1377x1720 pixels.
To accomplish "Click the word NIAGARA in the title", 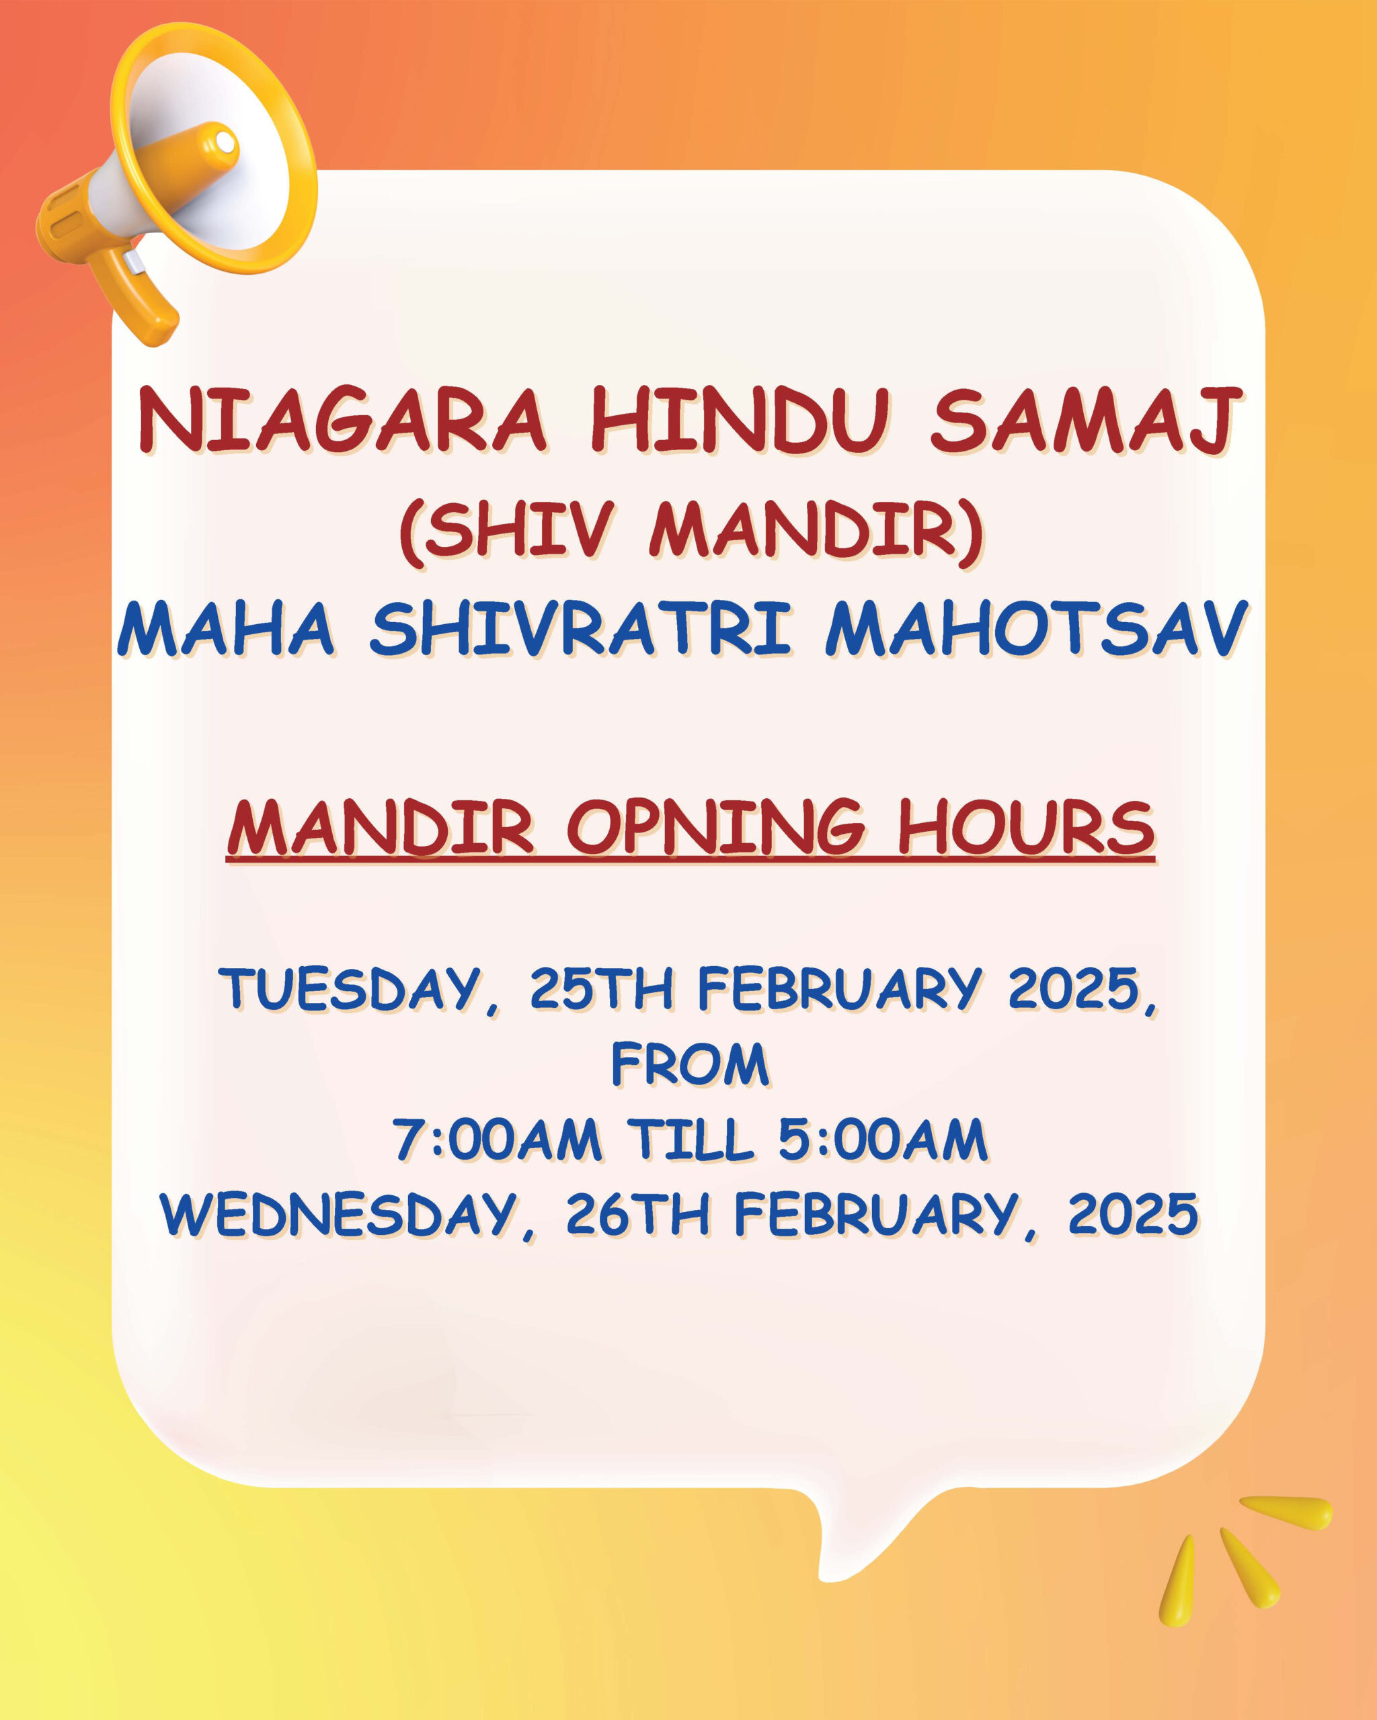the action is click(x=344, y=421).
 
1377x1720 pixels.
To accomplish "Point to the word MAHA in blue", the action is click(x=226, y=630).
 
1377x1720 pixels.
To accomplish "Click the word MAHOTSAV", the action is click(x=1036, y=630).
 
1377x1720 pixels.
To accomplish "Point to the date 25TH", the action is click(x=602, y=988).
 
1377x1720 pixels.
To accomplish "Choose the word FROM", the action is click(x=691, y=1064).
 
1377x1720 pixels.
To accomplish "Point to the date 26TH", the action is click(x=638, y=1214).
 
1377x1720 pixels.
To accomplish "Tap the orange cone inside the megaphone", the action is click(x=192, y=156).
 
